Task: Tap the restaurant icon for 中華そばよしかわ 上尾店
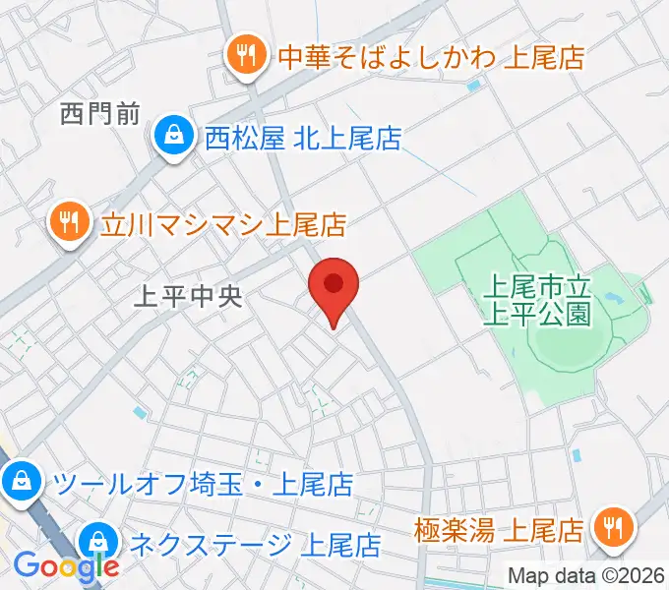point(243,55)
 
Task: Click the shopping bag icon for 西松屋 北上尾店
point(174,138)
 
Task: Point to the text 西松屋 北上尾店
point(303,139)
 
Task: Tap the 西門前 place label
point(100,115)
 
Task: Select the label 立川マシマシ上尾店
point(223,225)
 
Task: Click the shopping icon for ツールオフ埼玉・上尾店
point(20,483)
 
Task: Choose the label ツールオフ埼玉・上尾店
point(202,483)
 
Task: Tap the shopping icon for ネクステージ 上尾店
point(98,539)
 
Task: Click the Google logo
point(65,566)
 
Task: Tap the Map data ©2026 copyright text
point(587,576)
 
